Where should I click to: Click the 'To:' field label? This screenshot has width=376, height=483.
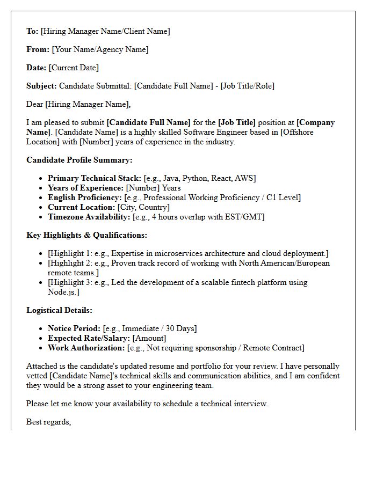click(x=32, y=31)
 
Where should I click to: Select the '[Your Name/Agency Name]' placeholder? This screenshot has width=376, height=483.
click(x=100, y=49)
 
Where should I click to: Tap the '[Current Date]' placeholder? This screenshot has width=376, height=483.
click(x=74, y=68)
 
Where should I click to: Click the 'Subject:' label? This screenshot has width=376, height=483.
click(x=41, y=86)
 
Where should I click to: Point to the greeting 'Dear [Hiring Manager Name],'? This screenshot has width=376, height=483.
click(x=78, y=104)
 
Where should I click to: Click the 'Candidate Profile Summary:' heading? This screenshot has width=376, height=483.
click(x=79, y=160)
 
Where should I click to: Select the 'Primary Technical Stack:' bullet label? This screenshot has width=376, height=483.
click(x=95, y=178)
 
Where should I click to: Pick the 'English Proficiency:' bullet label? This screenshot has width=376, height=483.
click(x=85, y=197)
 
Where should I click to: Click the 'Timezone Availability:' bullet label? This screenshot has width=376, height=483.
click(x=89, y=217)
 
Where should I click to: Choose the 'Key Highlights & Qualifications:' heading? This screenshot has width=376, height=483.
click(x=86, y=235)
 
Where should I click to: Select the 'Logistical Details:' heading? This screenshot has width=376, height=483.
click(x=59, y=310)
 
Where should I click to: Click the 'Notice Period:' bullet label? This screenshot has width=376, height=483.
click(x=74, y=328)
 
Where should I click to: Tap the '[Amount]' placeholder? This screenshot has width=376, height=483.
click(x=149, y=338)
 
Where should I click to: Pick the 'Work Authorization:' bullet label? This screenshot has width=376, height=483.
click(x=86, y=348)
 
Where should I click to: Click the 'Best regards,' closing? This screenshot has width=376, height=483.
click(x=49, y=422)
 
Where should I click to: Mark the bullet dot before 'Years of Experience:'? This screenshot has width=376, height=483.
click(x=42, y=188)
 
